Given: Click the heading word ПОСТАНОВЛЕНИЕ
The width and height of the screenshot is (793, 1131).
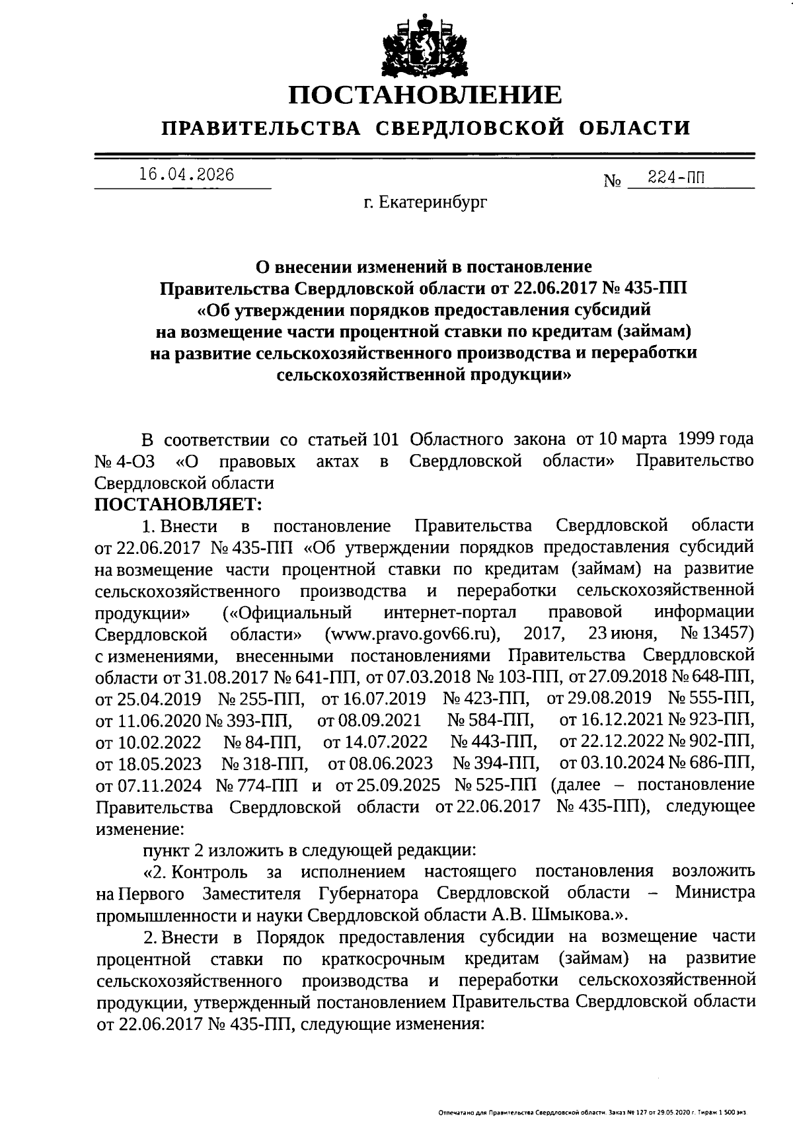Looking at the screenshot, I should click(x=425, y=95).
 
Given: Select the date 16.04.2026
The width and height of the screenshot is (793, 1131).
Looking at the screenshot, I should click(x=186, y=175).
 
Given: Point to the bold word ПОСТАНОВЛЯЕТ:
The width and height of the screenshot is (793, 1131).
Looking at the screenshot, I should click(x=178, y=504).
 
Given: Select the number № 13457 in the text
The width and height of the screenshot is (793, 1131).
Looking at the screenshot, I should click(x=717, y=634).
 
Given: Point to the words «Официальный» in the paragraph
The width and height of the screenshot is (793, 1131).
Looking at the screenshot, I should click(x=287, y=612).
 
